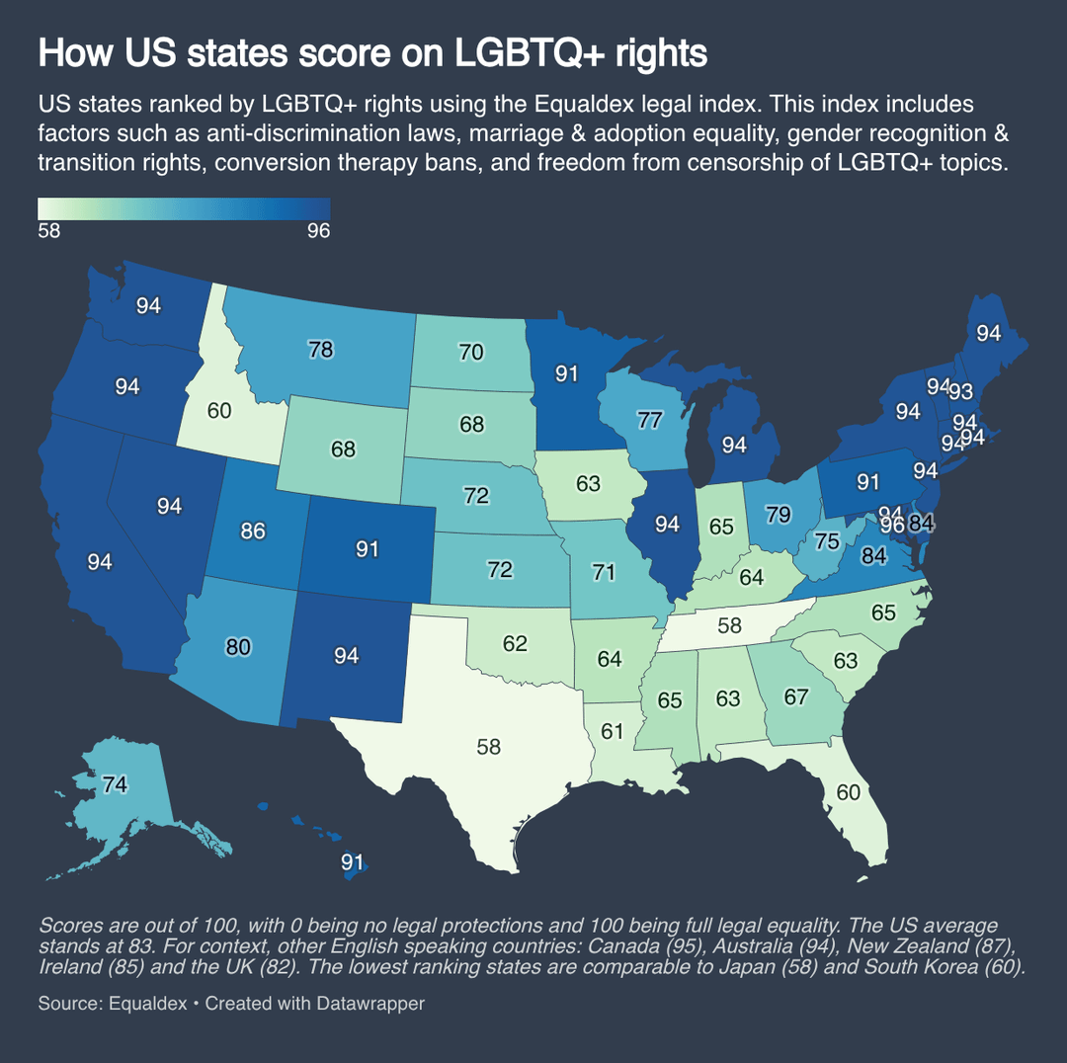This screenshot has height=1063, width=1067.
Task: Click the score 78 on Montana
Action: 319,349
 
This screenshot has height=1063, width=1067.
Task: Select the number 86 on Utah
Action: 253,531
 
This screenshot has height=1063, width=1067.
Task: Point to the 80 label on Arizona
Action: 238,648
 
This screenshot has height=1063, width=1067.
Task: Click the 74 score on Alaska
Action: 116,784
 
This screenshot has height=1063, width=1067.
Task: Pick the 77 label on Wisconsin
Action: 649,421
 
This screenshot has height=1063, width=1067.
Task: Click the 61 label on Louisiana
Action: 613,731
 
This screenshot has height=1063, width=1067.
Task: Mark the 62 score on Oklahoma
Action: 515,644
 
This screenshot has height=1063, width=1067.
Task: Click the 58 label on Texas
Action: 489,746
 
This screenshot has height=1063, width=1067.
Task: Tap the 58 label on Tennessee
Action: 730,626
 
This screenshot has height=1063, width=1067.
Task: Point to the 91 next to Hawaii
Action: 353,861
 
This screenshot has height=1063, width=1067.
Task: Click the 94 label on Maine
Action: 989,334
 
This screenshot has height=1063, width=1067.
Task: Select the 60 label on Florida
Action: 849,792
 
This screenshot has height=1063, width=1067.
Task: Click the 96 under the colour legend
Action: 317,231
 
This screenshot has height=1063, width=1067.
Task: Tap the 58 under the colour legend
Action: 50,231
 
